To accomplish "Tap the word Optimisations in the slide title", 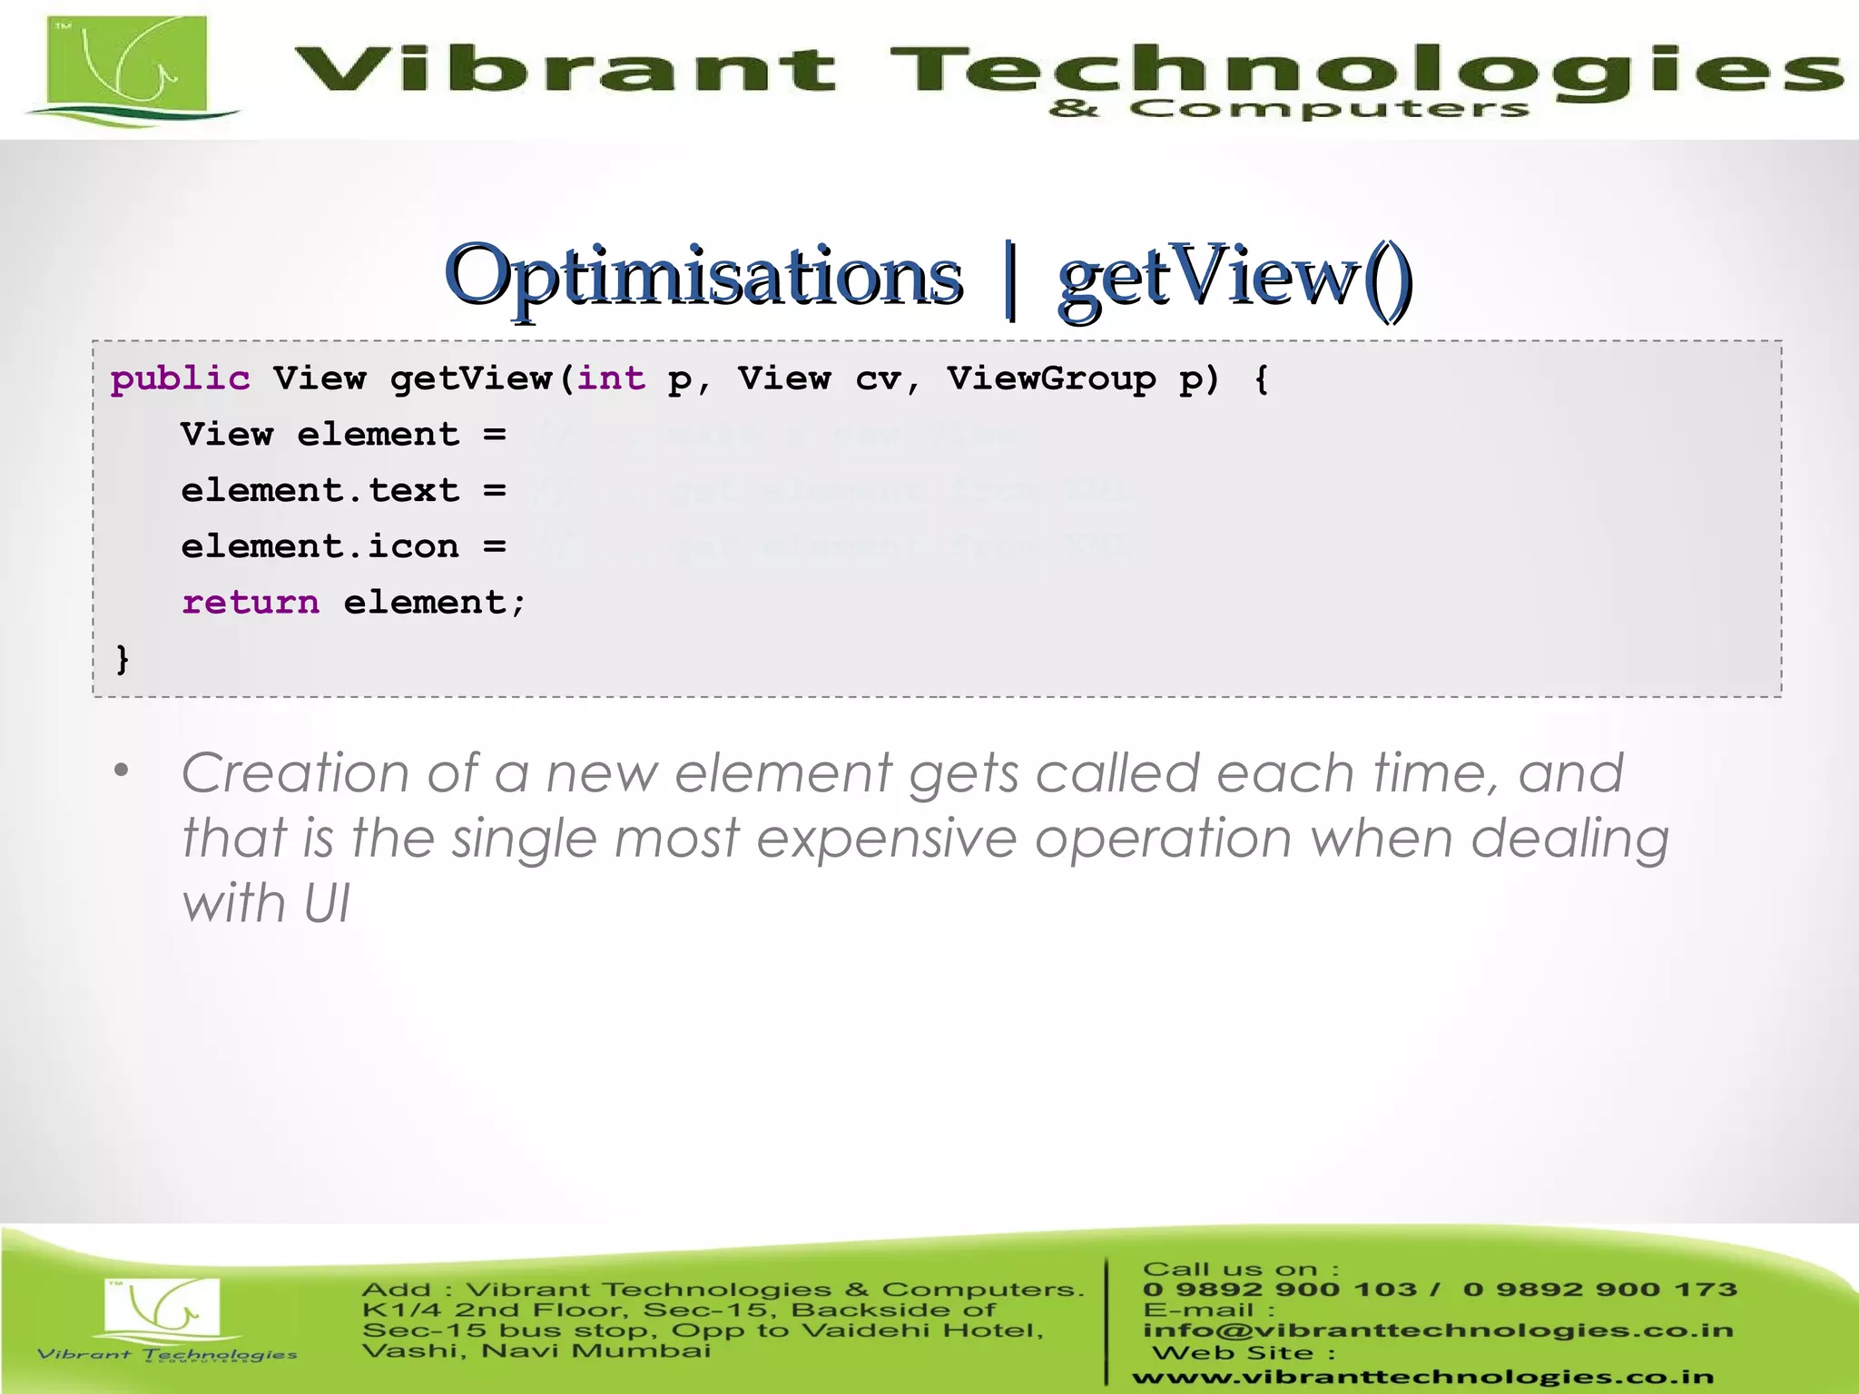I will [703, 276].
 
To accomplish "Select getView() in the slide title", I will [1234, 276].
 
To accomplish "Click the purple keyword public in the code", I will [180, 378].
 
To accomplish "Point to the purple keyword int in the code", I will [611, 378].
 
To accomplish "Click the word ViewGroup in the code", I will [1051, 378].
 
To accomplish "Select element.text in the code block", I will [320, 491].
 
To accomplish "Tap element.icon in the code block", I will [320, 547].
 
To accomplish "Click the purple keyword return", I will [251, 603].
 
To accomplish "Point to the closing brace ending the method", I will [123, 659].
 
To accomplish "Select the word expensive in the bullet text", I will [886, 838].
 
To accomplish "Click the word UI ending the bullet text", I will [326, 904].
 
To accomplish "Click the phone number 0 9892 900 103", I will [1280, 1290].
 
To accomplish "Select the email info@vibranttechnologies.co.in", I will [1438, 1330].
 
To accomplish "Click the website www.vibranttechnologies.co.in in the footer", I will [1422, 1378].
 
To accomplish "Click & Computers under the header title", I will [1289, 110].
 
